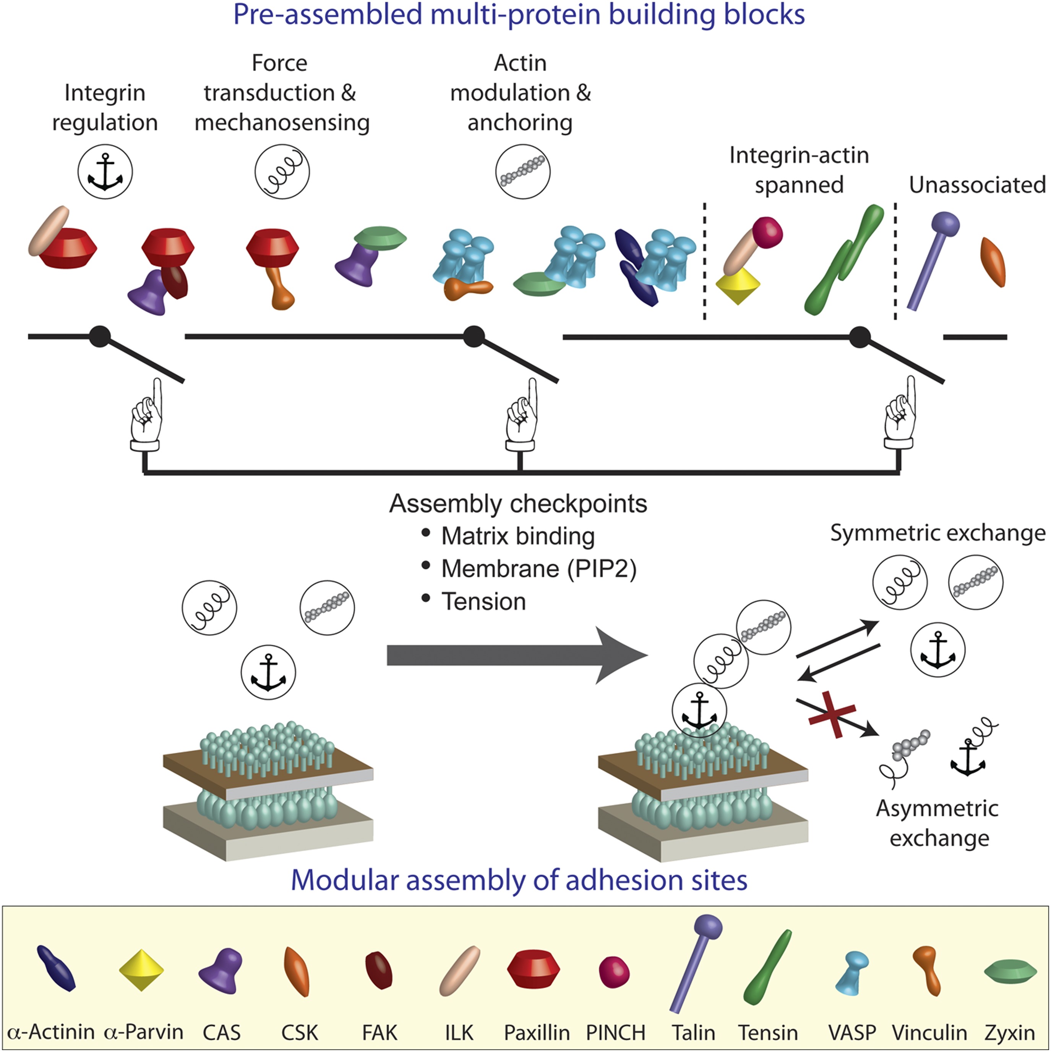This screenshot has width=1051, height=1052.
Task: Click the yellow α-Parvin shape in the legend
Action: (x=141, y=970)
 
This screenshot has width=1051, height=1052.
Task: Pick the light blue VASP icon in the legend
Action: (x=852, y=972)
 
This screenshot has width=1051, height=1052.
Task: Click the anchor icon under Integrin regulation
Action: (x=105, y=172)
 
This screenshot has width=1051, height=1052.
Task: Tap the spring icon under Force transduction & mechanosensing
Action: (x=282, y=172)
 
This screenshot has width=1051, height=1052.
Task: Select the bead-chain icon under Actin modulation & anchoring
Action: (x=522, y=172)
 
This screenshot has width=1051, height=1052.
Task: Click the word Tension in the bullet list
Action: (x=484, y=602)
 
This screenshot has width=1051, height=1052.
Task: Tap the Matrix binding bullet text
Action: (x=517, y=536)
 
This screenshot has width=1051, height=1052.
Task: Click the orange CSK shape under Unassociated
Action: (x=993, y=261)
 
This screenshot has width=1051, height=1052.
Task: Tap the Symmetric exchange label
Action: (x=937, y=532)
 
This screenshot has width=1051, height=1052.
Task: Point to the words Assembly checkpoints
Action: (x=517, y=504)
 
